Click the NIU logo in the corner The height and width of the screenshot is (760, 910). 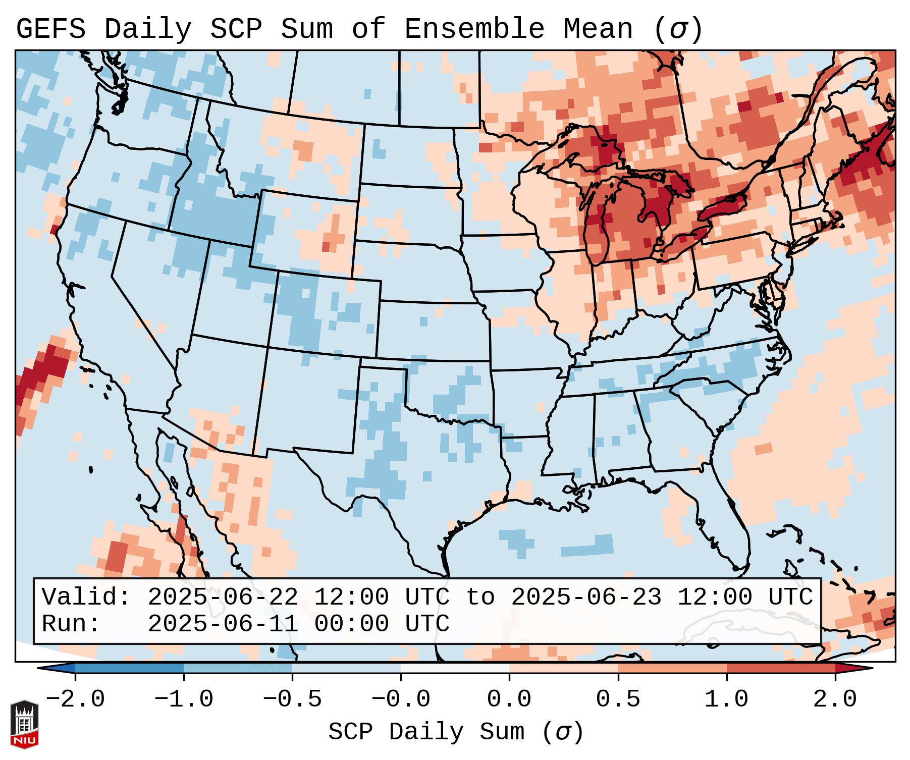(x=24, y=724)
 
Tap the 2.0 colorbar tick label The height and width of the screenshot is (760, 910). (x=835, y=699)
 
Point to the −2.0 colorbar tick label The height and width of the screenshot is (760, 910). (x=75, y=699)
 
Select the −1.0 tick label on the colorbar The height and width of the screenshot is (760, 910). (x=184, y=699)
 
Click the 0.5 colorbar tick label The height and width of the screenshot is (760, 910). (x=618, y=699)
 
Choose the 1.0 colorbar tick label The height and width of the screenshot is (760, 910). (x=726, y=699)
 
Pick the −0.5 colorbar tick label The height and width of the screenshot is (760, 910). (x=292, y=699)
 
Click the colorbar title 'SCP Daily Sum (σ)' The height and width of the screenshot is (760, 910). (x=456, y=732)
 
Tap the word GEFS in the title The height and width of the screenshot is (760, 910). (x=50, y=29)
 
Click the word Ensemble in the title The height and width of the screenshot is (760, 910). (x=474, y=29)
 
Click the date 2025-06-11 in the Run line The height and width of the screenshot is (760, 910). (x=223, y=624)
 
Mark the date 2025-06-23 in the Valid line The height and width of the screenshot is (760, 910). (x=586, y=597)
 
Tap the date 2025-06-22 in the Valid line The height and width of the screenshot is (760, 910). (x=223, y=597)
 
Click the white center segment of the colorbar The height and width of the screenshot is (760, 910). (x=455, y=668)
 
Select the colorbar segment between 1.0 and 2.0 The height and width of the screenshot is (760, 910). (x=781, y=668)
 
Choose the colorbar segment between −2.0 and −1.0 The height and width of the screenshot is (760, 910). (x=129, y=668)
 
